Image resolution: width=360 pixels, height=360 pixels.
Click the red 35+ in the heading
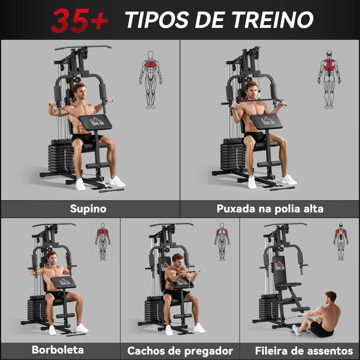coord(79,20)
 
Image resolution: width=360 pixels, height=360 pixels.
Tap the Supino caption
coord(88,208)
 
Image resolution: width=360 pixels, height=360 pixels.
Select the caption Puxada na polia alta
coord(270,208)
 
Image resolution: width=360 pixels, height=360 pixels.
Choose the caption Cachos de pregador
coord(180,350)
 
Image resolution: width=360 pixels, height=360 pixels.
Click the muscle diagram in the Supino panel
coord(150,79)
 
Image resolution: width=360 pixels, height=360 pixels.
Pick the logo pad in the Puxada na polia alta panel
coord(266,121)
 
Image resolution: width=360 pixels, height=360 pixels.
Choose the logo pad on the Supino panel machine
coord(95,121)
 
